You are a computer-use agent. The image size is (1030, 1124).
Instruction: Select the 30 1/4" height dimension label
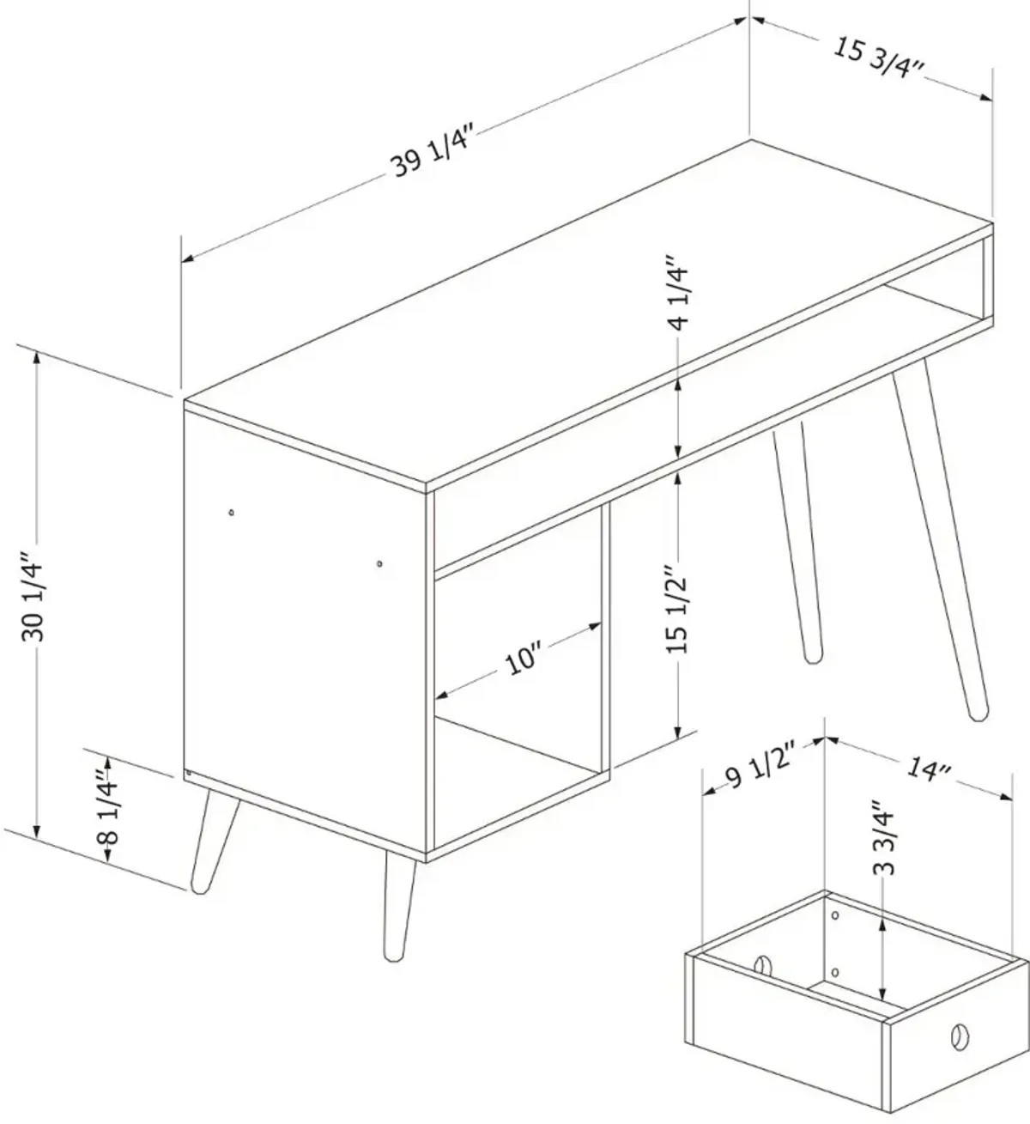32,598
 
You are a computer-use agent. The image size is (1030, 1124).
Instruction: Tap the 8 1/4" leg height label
107,807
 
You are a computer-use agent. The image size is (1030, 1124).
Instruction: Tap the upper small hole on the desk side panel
231,512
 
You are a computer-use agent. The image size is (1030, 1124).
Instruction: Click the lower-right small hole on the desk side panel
379,563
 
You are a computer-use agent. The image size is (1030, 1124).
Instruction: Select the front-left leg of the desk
215,841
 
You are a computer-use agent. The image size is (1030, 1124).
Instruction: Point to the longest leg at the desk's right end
939,538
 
